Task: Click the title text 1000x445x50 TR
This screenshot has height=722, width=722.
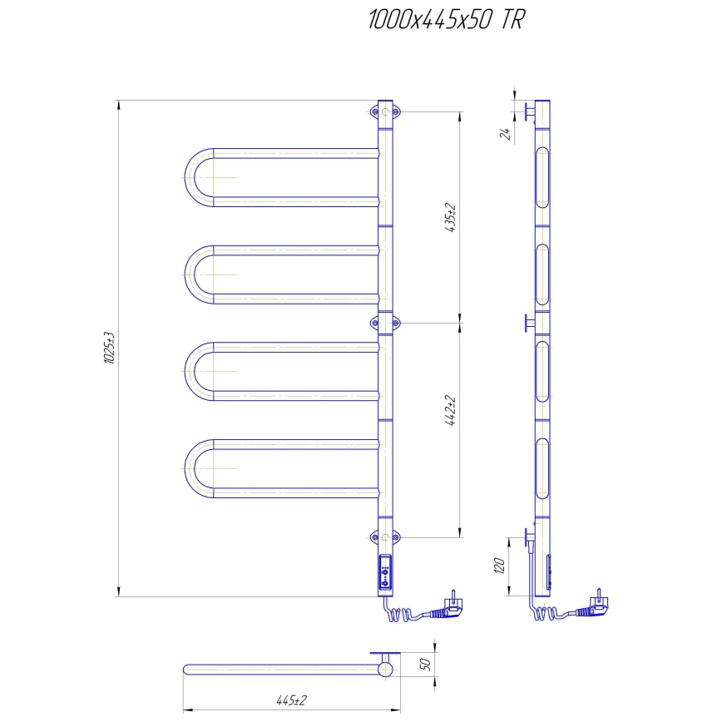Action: pos(446,22)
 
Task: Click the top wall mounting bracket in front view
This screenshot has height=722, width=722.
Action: pos(385,111)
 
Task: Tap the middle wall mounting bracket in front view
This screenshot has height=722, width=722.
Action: pos(385,321)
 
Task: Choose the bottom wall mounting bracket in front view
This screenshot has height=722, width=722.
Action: pos(385,537)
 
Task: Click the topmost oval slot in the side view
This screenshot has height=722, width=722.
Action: pos(542,177)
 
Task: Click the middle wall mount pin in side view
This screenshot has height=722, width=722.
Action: pos(528,323)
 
